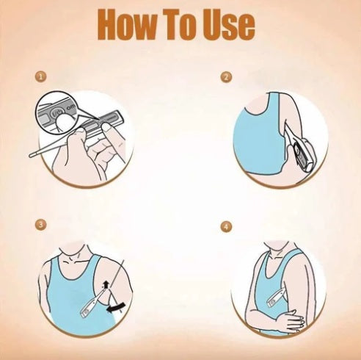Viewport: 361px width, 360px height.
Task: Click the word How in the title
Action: click(x=127, y=24)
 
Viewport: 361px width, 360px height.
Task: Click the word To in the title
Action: click(x=181, y=24)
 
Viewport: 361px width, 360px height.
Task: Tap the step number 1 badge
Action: click(x=40, y=77)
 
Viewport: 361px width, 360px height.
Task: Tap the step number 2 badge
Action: click(x=226, y=77)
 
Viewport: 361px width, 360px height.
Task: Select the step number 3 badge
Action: click(x=40, y=225)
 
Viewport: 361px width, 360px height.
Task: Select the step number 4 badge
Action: click(x=226, y=226)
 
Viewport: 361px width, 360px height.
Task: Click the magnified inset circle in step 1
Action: click(x=58, y=112)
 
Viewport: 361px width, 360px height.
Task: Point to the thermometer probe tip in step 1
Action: click(x=31, y=155)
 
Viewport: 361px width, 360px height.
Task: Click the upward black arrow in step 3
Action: click(x=106, y=285)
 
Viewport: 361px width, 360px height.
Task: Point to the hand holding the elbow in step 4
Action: click(x=291, y=320)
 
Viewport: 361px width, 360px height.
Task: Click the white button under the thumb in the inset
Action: click(x=62, y=122)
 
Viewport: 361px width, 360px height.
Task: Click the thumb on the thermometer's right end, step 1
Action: click(x=107, y=127)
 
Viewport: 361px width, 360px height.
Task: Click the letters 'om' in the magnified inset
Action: click(x=71, y=107)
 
